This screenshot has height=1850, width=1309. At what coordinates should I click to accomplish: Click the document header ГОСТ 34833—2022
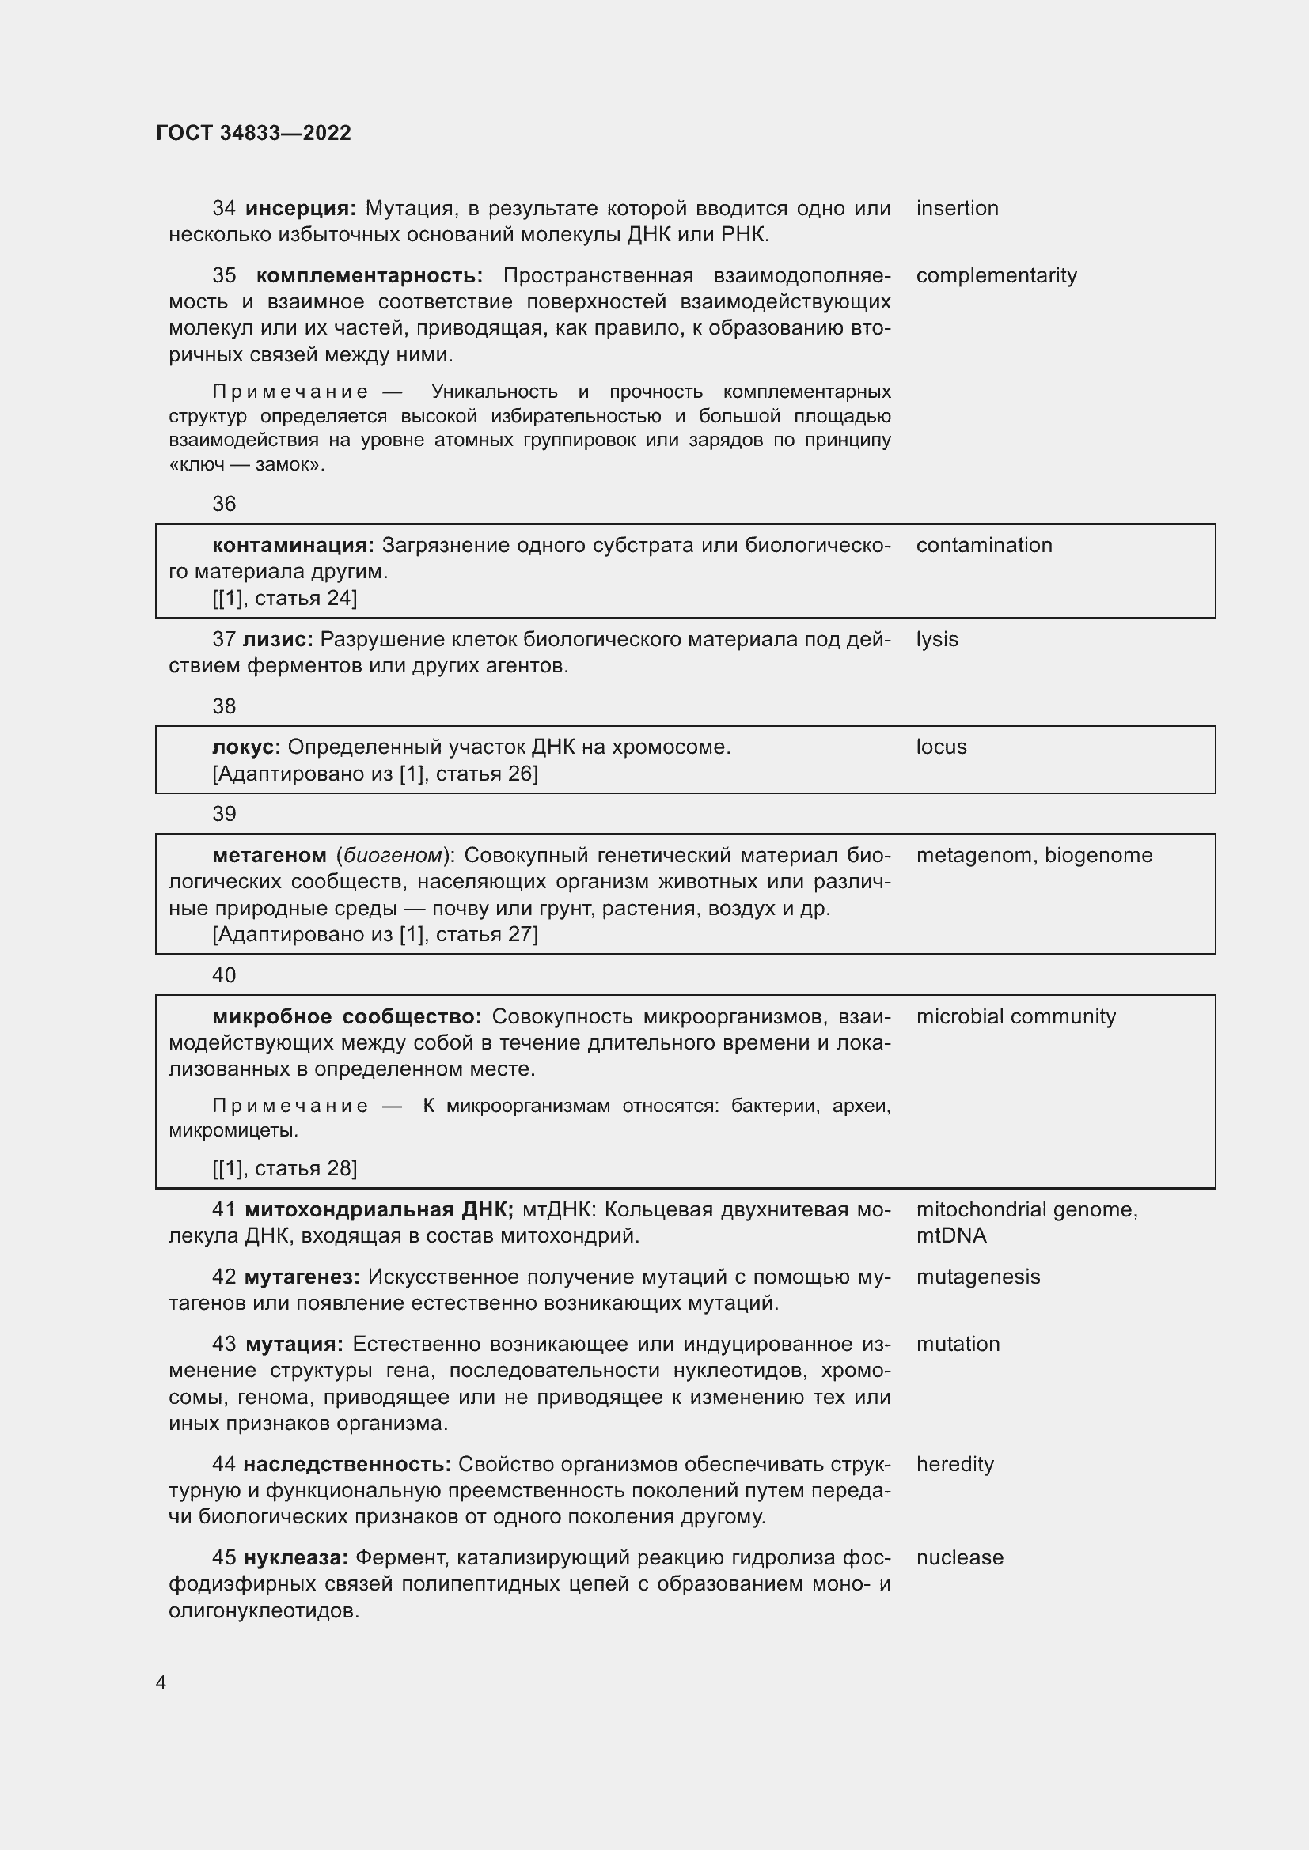pyautogui.click(x=253, y=133)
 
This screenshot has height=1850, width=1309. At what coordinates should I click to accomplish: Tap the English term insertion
pyautogui.click(x=957, y=208)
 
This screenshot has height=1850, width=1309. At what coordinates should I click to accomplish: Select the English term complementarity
pyautogui.click(x=996, y=275)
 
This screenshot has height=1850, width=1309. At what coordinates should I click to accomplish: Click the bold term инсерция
pyautogui.click(x=300, y=209)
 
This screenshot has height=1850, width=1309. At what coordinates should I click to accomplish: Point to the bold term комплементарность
pyautogui.click(x=369, y=275)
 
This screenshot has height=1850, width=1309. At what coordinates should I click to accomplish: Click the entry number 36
pyautogui.click(x=224, y=505)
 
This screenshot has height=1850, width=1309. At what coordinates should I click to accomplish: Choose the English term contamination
pyautogui.click(x=985, y=546)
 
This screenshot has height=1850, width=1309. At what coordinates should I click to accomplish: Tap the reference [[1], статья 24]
pyautogui.click(x=285, y=598)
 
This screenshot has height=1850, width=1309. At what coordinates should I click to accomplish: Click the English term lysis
pyautogui.click(x=936, y=640)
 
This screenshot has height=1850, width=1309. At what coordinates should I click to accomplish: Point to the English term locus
pyautogui.click(x=941, y=747)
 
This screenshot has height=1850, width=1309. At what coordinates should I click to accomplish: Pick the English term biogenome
pyautogui.click(x=1098, y=855)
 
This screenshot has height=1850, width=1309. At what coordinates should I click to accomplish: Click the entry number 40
pyautogui.click(x=224, y=976)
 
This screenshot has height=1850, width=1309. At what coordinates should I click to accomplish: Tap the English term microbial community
pyautogui.click(x=1015, y=1017)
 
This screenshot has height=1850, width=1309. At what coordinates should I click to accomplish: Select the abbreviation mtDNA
pyautogui.click(x=951, y=1236)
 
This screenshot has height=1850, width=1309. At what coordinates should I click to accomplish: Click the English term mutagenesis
pyautogui.click(x=977, y=1277)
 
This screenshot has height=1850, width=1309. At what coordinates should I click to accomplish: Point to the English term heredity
pyautogui.click(x=954, y=1464)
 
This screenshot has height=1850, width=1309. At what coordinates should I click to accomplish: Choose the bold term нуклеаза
pyautogui.click(x=295, y=1558)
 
